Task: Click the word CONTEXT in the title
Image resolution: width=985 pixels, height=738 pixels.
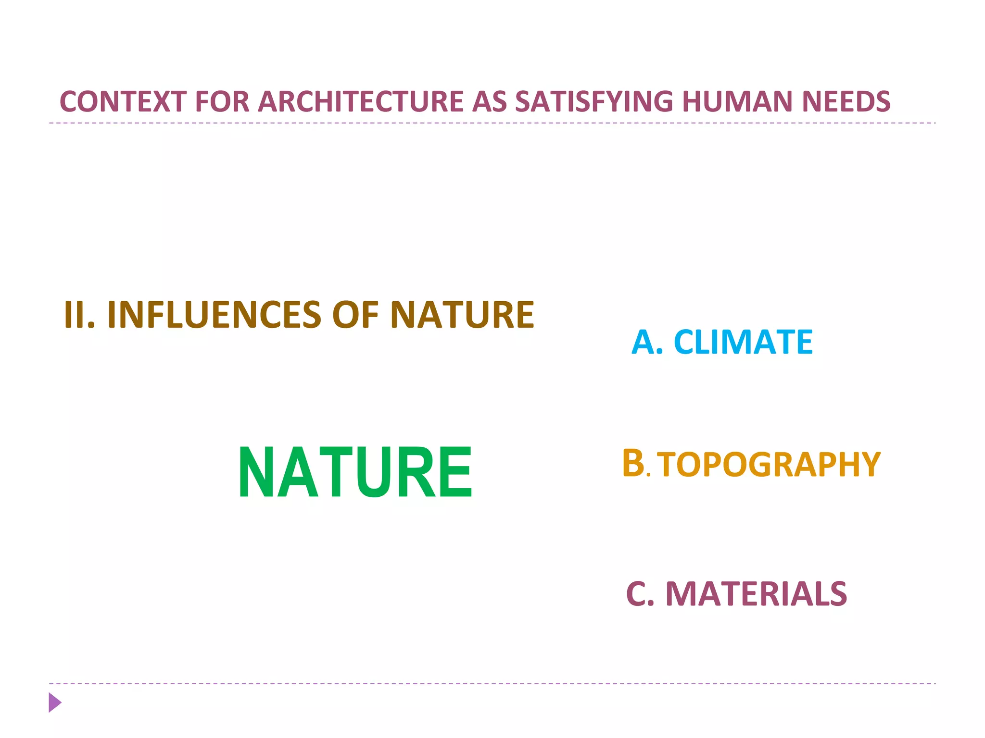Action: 123,102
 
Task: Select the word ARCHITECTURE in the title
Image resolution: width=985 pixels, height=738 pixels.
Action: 361,102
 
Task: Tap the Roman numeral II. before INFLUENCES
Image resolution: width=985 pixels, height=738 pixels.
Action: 79,315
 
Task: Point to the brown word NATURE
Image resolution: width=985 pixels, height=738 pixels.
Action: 462,315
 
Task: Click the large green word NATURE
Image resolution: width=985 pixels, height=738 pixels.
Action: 355,472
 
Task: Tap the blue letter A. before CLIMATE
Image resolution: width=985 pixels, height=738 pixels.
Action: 647,342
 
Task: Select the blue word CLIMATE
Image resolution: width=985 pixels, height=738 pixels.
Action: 743,342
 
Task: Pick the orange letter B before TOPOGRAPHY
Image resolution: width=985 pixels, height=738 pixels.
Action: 633,463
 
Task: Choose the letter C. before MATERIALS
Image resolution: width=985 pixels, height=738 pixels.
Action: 640,594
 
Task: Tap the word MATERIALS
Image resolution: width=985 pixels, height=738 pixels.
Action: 756,594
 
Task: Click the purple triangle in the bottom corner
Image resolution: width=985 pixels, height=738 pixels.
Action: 55,702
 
